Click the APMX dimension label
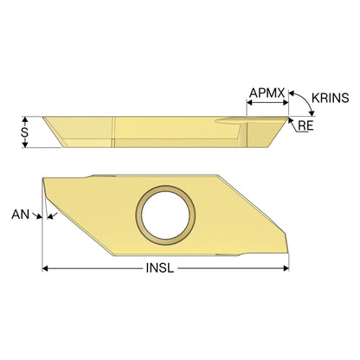267,93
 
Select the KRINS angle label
331,98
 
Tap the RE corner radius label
305,125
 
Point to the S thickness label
25,132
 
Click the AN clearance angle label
21,215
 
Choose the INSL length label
160,268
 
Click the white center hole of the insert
165,215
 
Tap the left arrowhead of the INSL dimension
45,268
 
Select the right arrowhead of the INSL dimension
286,268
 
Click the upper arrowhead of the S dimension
25,119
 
